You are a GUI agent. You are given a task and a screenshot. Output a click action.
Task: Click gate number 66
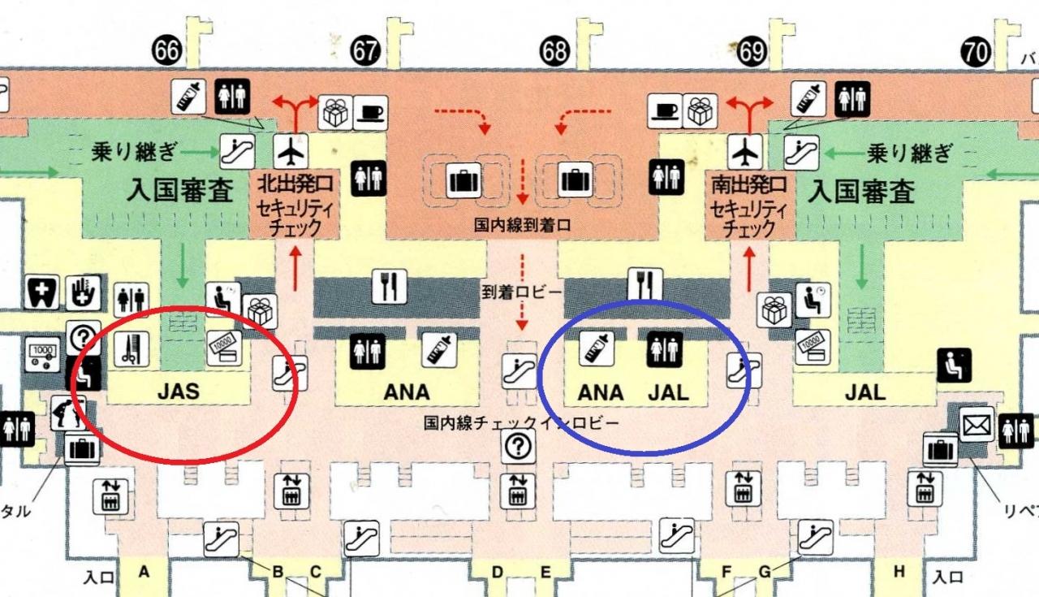click(x=166, y=50)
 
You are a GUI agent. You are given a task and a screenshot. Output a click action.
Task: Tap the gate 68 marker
click(x=554, y=50)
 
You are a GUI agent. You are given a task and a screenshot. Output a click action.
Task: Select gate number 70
click(x=976, y=52)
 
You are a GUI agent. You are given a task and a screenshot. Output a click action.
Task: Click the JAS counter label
click(x=179, y=392)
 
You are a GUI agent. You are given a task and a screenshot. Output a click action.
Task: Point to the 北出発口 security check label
click(x=295, y=205)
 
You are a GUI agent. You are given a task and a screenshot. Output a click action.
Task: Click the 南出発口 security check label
click(x=748, y=206)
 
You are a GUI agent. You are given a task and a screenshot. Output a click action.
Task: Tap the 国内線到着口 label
click(x=522, y=226)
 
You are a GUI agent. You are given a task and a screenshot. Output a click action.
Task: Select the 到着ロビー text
click(x=521, y=292)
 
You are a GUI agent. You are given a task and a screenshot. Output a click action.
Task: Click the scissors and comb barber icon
click(x=131, y=348)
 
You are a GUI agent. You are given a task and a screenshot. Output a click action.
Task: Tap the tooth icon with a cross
click(x=41, y=292)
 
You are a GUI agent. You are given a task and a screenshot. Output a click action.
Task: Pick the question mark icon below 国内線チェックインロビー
click(x=518, y=446)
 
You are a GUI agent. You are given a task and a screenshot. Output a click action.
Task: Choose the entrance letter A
click(x=144, y=572)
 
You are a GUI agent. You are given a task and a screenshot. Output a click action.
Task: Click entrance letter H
click(x=899, y=572)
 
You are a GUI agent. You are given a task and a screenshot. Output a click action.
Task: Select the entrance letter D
click(x=498, y=572)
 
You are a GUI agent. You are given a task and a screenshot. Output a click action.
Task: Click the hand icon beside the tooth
click(x=84, y=292)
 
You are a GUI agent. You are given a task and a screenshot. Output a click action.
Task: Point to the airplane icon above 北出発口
click(x=291, y=151)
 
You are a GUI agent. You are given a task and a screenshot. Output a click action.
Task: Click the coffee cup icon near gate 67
click(x=371, y=113)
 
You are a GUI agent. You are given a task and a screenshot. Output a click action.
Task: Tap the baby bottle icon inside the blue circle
click(x=597, y=348)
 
